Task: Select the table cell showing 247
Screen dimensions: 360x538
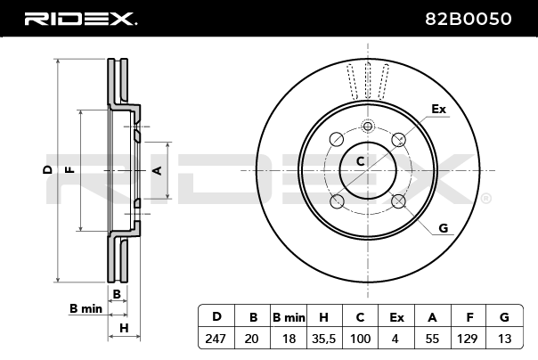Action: click(x=216, y=340)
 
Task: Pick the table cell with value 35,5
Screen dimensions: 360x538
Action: click(x=324, y=340)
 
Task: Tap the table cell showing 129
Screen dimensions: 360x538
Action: click(x=468, y=340)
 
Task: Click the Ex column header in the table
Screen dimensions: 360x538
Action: click(x=396, y=317)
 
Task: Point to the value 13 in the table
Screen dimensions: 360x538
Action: click(x=504, y=340)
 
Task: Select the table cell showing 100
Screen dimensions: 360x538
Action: click(x=360, y=340)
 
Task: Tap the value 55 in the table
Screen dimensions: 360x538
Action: click(x=432, y=340)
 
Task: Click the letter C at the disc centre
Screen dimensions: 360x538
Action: click(x=361, y=161)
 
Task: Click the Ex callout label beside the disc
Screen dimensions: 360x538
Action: click(x=437, y=109)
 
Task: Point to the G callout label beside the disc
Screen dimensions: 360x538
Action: click(x=443, y=228)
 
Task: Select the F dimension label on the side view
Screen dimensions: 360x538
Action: click(x=69, y=169)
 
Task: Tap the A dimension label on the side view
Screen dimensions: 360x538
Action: click(x=158, y=169)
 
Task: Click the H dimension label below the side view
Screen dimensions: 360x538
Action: click(x=124, y=329)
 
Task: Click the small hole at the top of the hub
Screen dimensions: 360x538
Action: click(x=367, y=126)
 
